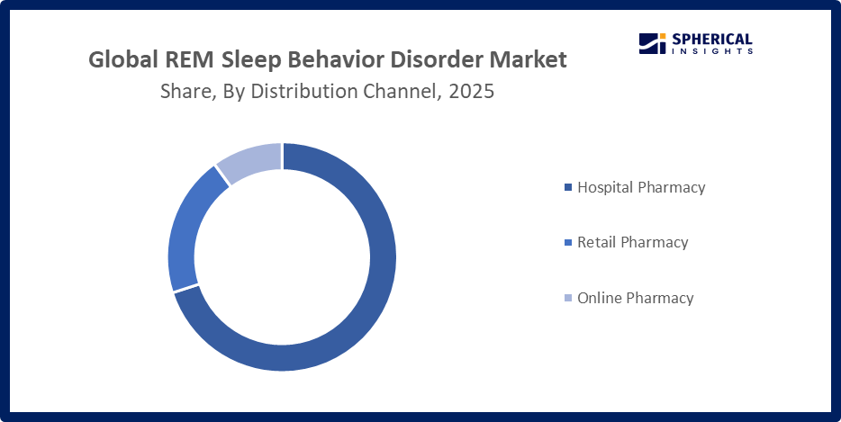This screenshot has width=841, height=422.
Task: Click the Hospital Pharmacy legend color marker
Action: click(x=567, y=188)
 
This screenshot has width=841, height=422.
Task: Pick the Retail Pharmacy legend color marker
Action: click(x=567, y=243)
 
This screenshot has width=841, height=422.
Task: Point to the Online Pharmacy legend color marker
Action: click(x=567, y=298)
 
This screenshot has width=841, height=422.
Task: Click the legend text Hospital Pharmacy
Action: click(x=641, y=188)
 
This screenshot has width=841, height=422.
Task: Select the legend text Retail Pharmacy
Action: click(x=632, y=243)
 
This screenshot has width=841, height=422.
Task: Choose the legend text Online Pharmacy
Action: click(x=635, y=298)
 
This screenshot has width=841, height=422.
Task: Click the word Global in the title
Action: click(x=123, y=60)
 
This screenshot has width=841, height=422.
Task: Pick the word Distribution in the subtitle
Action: click(x=289, y=91)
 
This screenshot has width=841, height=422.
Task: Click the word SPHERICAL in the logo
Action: click(x=711, y=39)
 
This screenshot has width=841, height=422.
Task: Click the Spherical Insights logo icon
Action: click(x=651, y=43)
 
